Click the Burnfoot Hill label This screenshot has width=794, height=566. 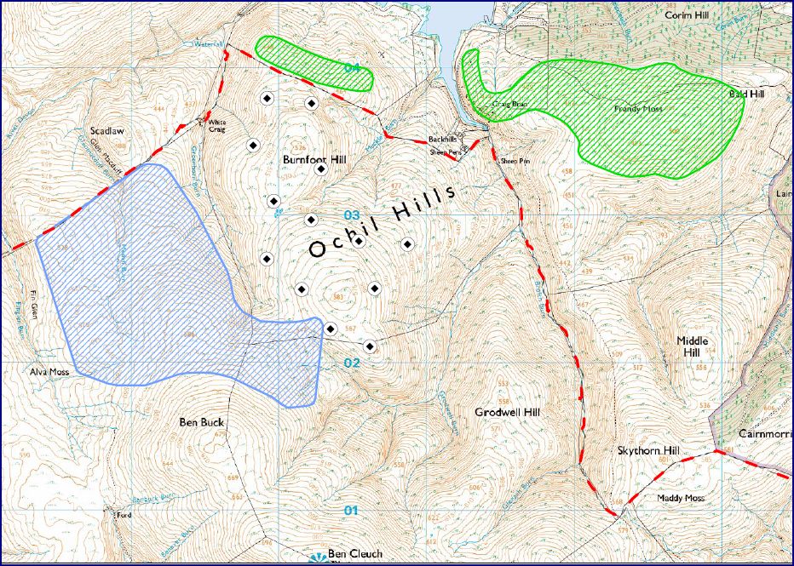(x=312, y=159)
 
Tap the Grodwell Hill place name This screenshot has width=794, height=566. (x=508, y=412)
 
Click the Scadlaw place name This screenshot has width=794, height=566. (x=108, y=132)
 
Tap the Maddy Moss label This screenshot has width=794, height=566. (x=681, y=497)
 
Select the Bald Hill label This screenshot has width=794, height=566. (x=746, y=94)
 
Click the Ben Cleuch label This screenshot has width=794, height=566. (x=354, y=554)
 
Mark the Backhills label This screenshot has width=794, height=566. (x=443, y=138)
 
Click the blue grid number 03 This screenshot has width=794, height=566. (x=352, y=214)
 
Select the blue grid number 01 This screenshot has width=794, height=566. (x=349, y=511)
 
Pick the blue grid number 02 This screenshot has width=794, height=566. (x=352, y=363)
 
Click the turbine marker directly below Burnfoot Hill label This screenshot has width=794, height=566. (x=321, y=169)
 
